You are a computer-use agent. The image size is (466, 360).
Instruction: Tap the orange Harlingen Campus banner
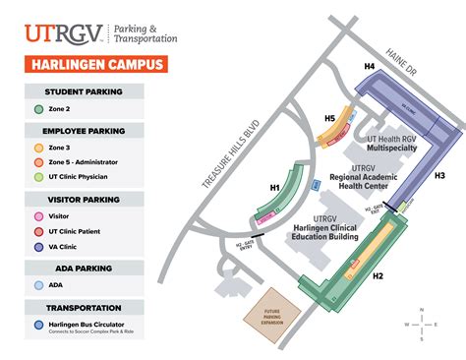(89, 66)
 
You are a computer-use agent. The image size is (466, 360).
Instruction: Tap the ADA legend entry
(54, 285)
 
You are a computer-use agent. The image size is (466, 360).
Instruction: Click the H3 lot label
(439, 175)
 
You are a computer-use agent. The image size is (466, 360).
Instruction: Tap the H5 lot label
(330, 120)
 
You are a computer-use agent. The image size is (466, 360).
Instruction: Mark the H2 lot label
(378, 276)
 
